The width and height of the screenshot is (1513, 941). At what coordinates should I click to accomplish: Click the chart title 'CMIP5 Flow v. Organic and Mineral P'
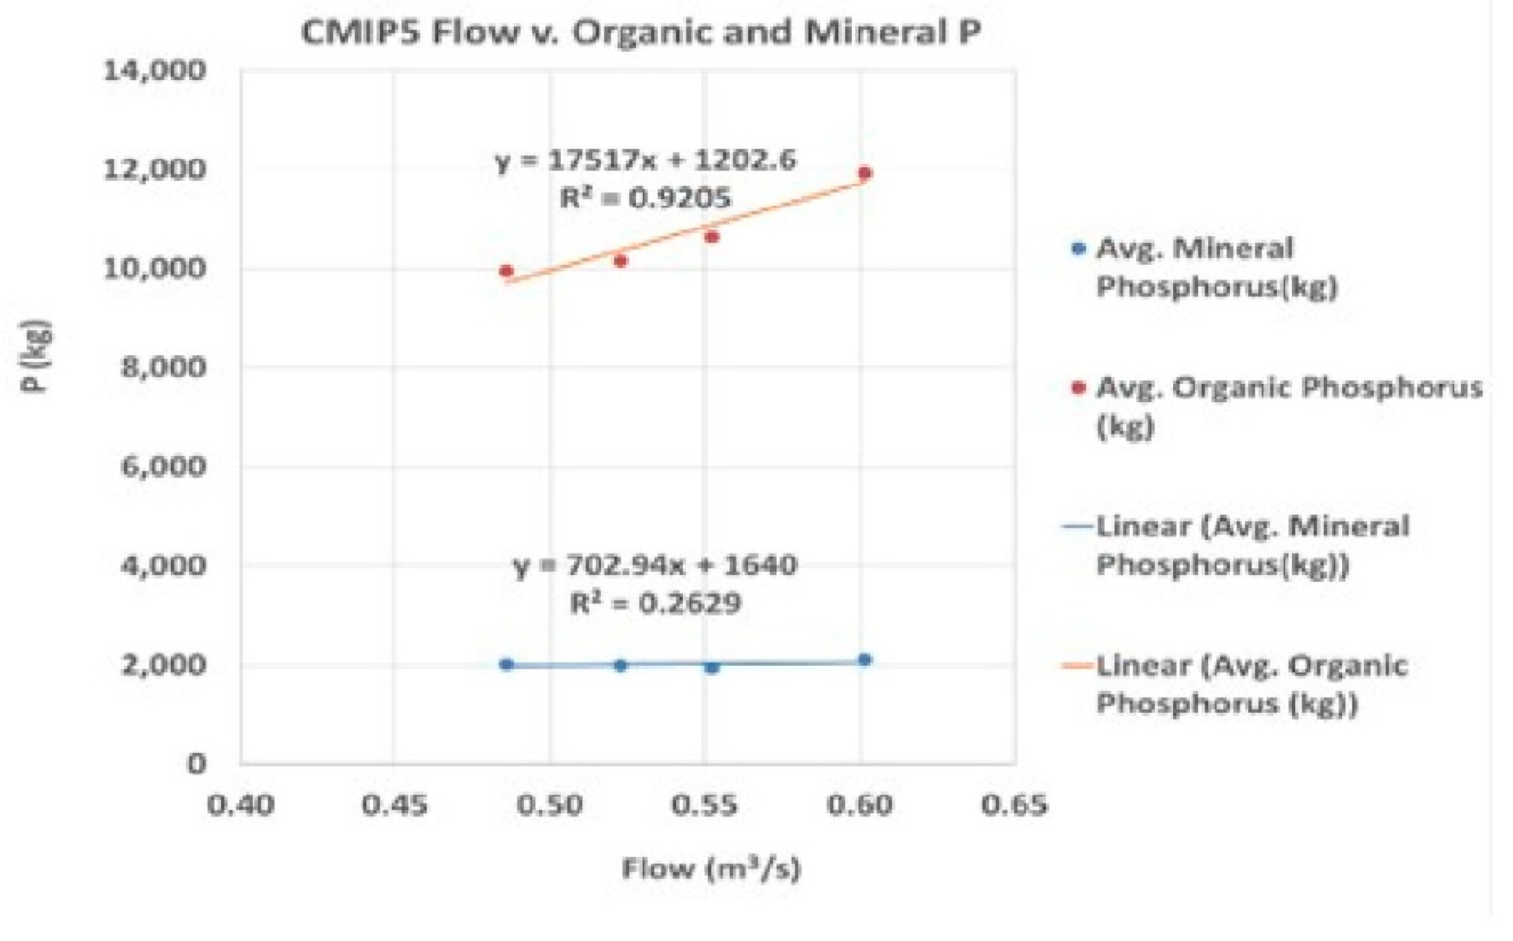click(641, 32)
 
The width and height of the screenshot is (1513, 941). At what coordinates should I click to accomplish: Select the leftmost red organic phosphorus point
click(506, 272)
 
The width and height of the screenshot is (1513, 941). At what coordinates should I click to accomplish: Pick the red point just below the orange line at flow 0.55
click(712, 237)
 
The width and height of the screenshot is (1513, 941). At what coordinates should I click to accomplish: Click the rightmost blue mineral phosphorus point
click(865, 660)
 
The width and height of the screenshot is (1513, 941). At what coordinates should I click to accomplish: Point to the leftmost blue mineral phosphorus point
click(506, 665)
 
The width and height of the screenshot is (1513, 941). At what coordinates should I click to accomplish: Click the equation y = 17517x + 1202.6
click(646, 160)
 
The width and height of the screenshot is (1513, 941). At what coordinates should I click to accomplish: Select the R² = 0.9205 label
click(646, 199)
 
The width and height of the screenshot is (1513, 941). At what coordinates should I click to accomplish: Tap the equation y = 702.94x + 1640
click(655, 566)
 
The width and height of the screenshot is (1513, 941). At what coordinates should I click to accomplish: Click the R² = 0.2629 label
click(655, 603)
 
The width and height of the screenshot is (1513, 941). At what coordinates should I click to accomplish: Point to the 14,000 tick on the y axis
click(154, 70)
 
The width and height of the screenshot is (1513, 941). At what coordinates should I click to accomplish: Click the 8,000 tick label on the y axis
click(163, 367)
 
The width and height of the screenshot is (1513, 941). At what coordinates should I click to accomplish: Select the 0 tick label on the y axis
click(196, 764)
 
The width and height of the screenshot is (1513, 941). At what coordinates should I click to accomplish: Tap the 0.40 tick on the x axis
click(241, 805)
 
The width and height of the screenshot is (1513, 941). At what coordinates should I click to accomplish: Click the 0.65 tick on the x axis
click(1015, 805)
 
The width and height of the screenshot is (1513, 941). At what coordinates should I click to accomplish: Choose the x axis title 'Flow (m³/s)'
click(711, 869)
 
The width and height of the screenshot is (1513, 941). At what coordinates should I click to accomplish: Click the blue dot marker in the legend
click(1079, 249)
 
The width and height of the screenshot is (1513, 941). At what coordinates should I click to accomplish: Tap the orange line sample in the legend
click(1078, 666)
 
